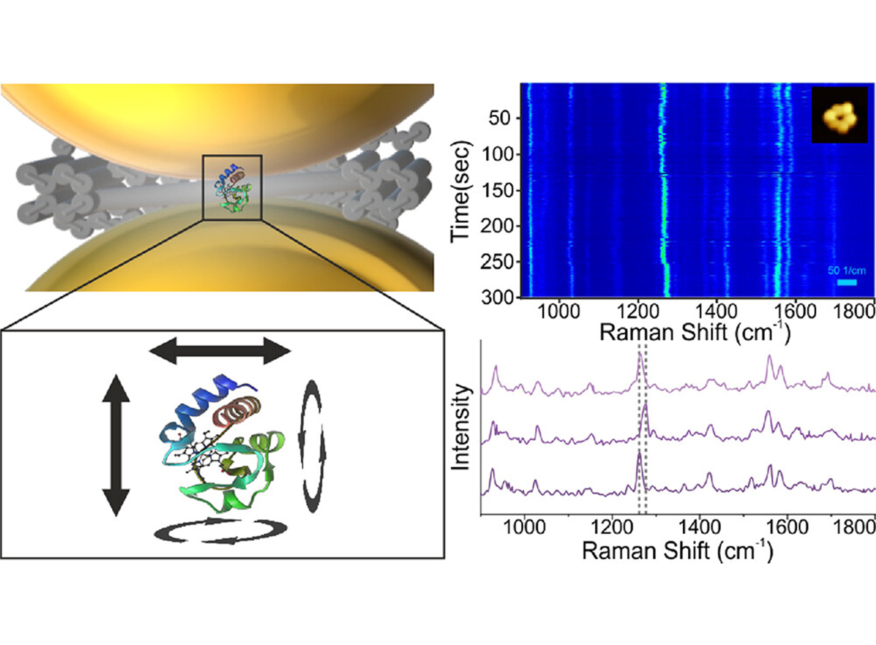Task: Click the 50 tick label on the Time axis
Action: tap(499, 119)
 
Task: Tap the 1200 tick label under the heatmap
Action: tap(637, 311)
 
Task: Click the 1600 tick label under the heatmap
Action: tap(795, 311)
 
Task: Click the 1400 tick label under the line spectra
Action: tap(699, 527)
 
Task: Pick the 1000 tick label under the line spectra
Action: tap(524, 527)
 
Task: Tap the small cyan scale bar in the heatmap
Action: tap(846, 282)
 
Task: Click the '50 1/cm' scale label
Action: tap(846, 270)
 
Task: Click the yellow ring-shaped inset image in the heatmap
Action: tap(839, 115)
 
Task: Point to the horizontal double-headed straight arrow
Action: tap(220, 351)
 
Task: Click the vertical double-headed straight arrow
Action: tap(115, 445)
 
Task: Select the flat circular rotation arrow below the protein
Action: tap(221, 531)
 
